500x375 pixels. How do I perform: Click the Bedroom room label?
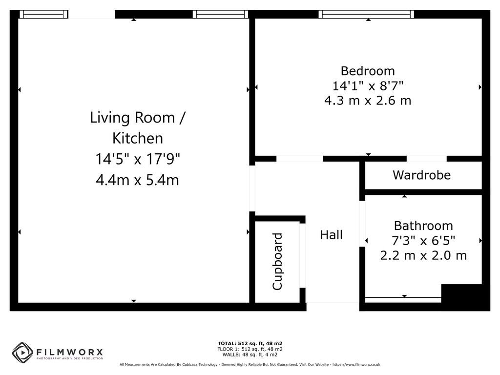pyautogui.click(x=368, y=71)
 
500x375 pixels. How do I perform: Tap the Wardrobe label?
pyautogui.click(x=421, y=175)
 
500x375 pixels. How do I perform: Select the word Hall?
pyautogui.click(x=331, y=235)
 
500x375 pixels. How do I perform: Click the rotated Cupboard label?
pyautogui.click(x=277, y=262)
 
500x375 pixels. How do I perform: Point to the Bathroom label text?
pyautogui.click(x=423, y=226)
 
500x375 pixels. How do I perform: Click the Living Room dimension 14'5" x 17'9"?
pyautogui.click(x=138, y=159)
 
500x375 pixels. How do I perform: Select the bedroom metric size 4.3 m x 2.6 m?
pyautogui.click(x=368, y=101)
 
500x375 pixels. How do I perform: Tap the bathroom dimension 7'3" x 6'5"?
pyautogui.click(x=423, y=240)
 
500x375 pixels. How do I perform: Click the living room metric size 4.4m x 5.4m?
pyautogui.click(x=138, y=180)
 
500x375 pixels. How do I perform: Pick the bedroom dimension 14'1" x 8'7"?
pyautogui.click(x=368, y=86)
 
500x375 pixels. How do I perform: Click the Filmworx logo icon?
pyautogui.click(x=22, y=352)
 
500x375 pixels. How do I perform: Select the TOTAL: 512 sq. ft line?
pyautogui.click(x=250, y=343)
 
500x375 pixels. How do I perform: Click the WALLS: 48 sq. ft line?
pyautogui.click(x=250, y=354)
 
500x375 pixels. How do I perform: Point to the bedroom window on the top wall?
pyautogui.click(x=366, y=14)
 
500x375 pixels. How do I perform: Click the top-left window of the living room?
pyautogui.click(x=44, y=14)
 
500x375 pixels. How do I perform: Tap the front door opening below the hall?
pyautogui.click(x=333, y=306)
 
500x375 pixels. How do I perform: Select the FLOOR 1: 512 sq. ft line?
pyautogui.click(x=250, y=349)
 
